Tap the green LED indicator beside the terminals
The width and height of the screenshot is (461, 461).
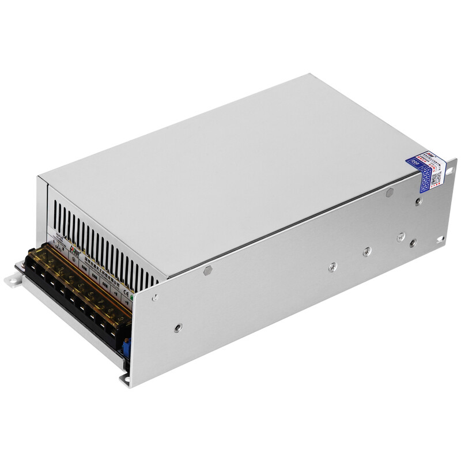tap(133, 298)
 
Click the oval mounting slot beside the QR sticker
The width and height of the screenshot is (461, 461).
tap(441, 238)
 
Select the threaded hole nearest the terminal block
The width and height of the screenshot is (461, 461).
tap(178, 327)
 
